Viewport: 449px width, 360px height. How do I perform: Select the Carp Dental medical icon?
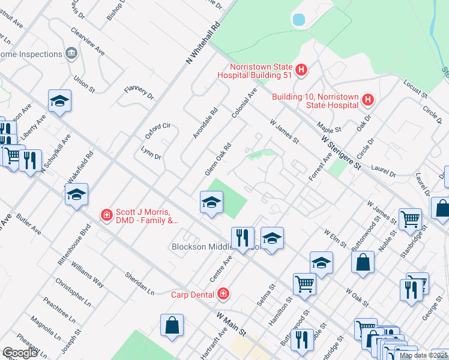223,293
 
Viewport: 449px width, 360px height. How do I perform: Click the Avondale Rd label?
205,124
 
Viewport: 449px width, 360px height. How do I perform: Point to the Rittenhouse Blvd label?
78,244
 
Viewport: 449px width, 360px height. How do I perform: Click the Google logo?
20,353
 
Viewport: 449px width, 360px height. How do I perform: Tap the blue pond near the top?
298,19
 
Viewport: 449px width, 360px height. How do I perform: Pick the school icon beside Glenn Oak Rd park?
211,202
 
